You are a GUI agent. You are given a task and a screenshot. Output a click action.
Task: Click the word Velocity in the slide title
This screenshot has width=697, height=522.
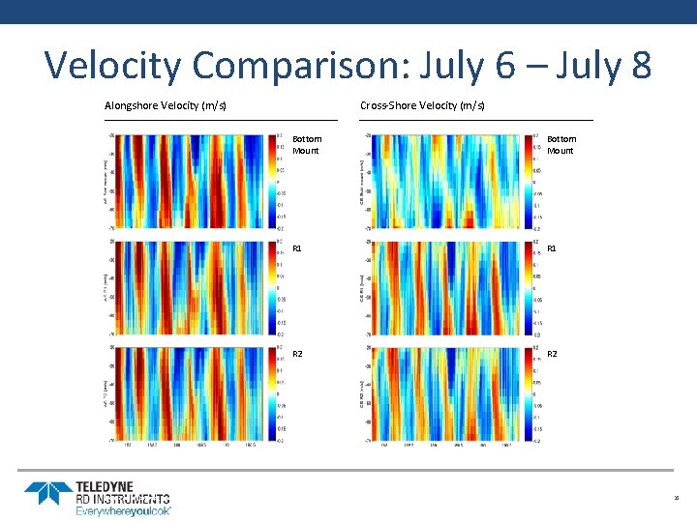tap(112, 66)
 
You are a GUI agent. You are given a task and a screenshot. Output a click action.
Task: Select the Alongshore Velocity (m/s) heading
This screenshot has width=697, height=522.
tap(166, 105)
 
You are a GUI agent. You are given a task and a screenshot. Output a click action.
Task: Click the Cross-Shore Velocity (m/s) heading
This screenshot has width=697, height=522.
tap(422, 105)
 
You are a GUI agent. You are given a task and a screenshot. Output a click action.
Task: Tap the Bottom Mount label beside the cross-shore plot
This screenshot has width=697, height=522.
tap(561, 145)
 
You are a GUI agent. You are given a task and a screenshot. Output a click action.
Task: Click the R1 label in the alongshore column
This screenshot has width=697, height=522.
tap(298, 249)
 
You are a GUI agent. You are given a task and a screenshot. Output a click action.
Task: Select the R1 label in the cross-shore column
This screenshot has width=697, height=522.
tap(553, 249)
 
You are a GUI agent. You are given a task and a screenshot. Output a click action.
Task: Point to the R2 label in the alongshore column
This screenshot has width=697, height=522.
tap(298, 355)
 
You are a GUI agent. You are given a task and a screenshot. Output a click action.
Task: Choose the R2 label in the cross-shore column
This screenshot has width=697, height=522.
tap(553, 355)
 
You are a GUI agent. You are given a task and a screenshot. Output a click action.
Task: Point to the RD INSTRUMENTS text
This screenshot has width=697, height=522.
tap(123, 499)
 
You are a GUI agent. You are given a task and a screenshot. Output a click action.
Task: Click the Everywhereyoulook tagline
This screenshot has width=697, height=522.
tap(123, 510)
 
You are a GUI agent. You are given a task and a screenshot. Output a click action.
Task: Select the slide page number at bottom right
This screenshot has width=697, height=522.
tap(677, 499)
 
